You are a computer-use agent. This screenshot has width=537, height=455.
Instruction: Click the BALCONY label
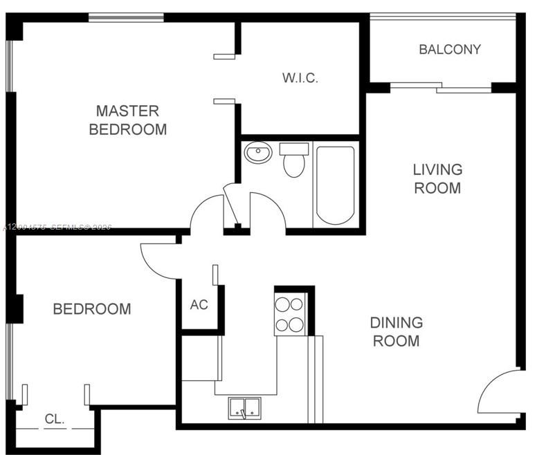(x=449, y=50)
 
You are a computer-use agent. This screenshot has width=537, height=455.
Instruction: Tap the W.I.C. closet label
(x=300, y=78)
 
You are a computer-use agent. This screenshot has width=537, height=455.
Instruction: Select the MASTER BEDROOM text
(x=128, y=120)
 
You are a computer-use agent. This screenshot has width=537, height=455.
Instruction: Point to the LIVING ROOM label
(x=437, y=178)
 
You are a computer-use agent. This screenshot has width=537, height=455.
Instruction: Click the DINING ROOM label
(x=396, y=331)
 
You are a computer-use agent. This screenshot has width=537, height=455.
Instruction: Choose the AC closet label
(x=199, y=305)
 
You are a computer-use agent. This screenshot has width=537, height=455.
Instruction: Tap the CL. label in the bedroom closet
(x=55, y=418)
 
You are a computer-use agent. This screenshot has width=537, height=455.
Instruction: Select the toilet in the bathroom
(x=294, y=161)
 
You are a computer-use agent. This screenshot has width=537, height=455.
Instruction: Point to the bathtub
(x=336, y=184)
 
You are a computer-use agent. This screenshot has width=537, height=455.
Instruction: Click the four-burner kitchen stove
(x=291, y=314)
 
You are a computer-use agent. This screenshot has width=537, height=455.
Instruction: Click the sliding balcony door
(x=440, y=87)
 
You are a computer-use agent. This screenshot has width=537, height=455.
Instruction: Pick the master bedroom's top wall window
(x=125, y=17)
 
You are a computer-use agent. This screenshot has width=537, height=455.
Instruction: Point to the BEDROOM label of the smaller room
(x=92, y=309)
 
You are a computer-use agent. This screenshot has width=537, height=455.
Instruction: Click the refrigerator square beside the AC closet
(x=201, y=357)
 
